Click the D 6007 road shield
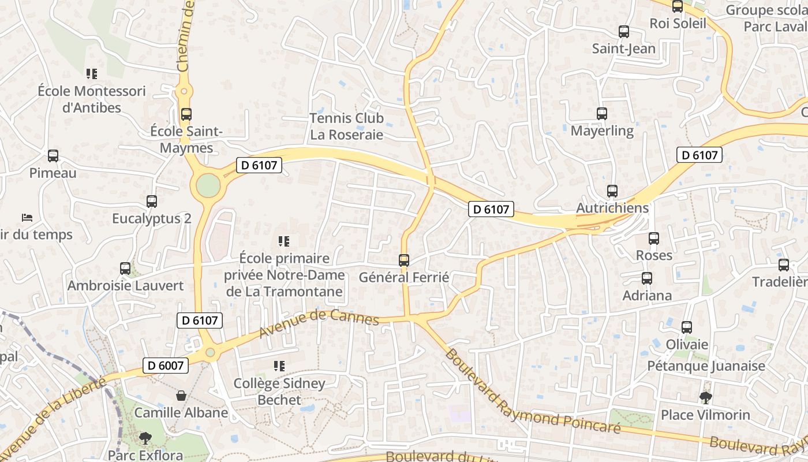click(165, 365)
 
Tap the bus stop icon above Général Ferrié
click(404, 260)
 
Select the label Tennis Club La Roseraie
click(346, 126)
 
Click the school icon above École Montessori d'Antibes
click(92, 74)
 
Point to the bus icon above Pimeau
click(53, 156)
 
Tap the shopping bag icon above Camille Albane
click(181, 396)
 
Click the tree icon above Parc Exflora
click(145, 438)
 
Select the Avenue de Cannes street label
click(319, 323)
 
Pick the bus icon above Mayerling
click(602, 114)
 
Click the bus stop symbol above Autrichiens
click(612, 191)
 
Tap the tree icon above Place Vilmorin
click(705, 397)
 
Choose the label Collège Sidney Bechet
click(279, 391)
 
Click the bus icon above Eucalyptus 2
click(152, 202)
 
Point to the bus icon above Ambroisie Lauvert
click(125, 269)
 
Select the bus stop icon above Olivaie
click(687, 327)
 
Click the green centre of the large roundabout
click(208, 185)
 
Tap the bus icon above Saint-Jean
click(624, 32)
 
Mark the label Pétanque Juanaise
click(706, 366)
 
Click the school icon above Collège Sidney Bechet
click(279, 366)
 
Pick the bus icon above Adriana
click(646, 278)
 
